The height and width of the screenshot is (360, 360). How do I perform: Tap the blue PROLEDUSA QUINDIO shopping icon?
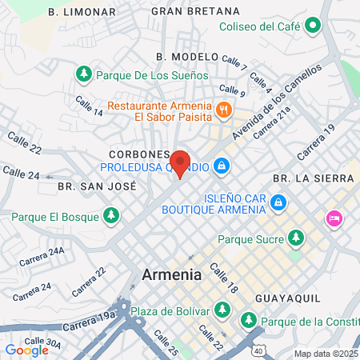pos(222,167)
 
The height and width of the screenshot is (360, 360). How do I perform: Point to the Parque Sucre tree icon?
pos(296,238)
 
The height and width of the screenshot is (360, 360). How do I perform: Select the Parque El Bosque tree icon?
pos(111,215)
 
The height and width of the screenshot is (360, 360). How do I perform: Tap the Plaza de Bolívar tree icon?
pos(225,310)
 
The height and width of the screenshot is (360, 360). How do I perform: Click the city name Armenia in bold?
pos(171,274)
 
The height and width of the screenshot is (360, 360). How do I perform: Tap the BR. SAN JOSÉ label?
pos(97,186)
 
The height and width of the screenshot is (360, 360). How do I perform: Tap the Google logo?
pos(26,350)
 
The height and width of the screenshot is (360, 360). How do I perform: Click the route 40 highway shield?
pos(258,350)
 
